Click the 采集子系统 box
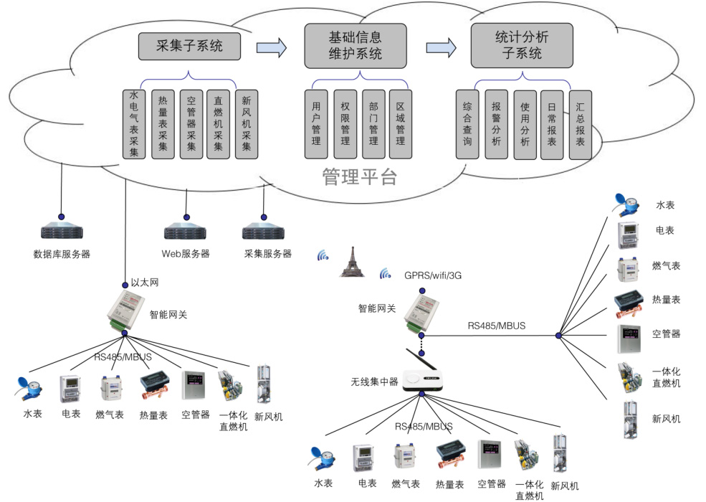click(x=189, y=47)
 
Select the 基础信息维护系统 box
click(x=355, y=45)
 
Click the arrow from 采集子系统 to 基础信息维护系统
click(x=272, y=47)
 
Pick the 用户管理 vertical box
click(x=315, y=124)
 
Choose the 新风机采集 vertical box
click(x=246, y=124)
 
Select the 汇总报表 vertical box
click(x=580, y=124)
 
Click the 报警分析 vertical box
click(x=495, y=124)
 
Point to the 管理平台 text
click(x=359, y=176)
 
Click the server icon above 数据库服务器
click(x=62, y=232)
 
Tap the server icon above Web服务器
click(x=186, y=232)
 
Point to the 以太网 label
click(x=144, y=283)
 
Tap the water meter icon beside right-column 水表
click(x=626, y=204)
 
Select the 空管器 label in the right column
click(x=666, y=334)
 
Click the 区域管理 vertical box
click(x=400, y=124)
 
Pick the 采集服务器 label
click(x=267, y=254)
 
